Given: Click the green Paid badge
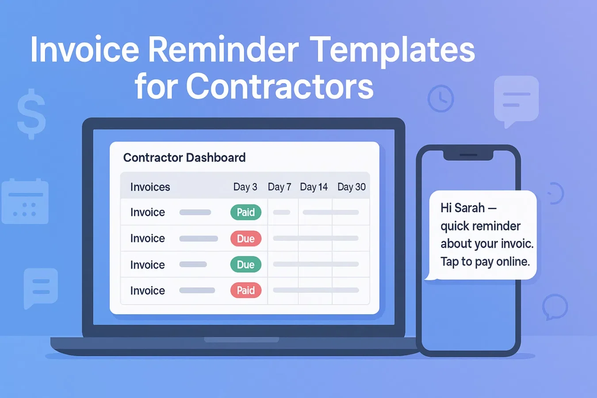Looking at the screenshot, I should (x=246, y=212).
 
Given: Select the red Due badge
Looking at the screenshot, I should (x=246, y=239).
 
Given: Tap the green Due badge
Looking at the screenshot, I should (x=246, y=264).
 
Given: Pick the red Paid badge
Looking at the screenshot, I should (x=246, y=291).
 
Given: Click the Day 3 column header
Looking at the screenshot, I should (x=245, y=187).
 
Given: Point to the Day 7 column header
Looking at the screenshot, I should (x=279, y=187).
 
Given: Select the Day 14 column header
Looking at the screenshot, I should (x=314, y=187).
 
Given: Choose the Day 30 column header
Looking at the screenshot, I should (x=351, y=187).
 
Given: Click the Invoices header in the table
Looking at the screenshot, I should (x=150, y=187).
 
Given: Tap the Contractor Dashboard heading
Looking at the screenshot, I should (x=184, y=157).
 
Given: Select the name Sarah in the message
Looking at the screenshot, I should (x=470, y=208).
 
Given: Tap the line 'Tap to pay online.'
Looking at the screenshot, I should (x=485, y=262).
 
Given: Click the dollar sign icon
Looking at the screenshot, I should (x=31, y=114).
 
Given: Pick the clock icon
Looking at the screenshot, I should (x=440, y=99).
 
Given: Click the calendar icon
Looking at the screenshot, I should (x=25, y=202).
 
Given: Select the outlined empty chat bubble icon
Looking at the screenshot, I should (x=555, y=306).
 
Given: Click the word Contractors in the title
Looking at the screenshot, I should (x=279, y=86).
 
